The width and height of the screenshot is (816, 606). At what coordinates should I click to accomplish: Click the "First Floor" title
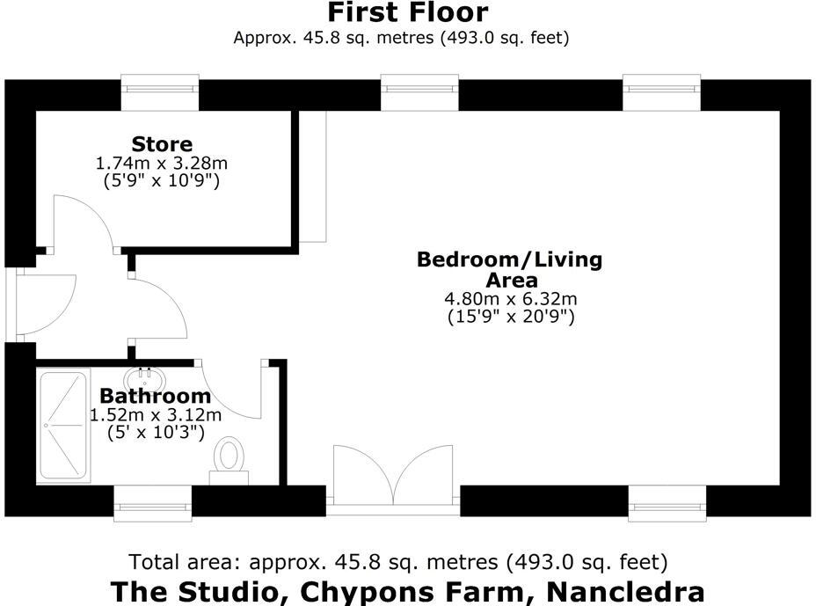tap(407, 13)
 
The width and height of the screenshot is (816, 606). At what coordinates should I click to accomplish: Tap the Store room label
tap(162, 143)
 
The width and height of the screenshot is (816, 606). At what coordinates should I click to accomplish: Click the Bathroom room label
tap(155, 396)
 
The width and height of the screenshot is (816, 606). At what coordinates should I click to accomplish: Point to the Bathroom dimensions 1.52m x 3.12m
tap(156, 414)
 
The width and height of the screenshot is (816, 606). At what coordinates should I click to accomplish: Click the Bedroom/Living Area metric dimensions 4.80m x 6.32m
tap(509, 299)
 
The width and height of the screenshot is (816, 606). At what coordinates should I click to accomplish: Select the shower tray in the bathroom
tap(63, 425)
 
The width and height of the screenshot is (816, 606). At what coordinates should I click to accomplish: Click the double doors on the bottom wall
tap(393, 479)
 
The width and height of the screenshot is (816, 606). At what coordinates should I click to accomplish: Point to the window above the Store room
tap(160, 92)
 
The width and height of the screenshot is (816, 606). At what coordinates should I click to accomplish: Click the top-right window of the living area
tap(661, 92)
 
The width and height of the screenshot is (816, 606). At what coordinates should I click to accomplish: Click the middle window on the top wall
tap(419, 92)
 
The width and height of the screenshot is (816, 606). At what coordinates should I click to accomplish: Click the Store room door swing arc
tap(84, 220)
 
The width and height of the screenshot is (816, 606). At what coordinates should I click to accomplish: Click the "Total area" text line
tap(398, 562)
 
